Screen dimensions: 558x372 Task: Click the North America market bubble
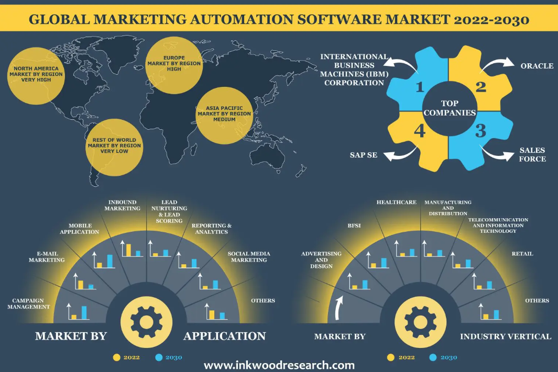point(36,76)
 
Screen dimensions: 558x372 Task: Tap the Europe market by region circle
point(174,65)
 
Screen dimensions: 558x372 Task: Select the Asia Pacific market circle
point(224,116)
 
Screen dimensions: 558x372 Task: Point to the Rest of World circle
point(114,147)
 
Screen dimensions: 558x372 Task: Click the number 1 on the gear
point(420,87)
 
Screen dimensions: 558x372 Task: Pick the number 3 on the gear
point(481,131)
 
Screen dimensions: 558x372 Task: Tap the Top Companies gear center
point(450,108)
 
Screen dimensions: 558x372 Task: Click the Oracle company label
point(537,66)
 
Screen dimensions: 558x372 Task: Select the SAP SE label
point(363,155)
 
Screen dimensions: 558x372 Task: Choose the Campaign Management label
point(28,304)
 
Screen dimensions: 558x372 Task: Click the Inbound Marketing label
point(123,206)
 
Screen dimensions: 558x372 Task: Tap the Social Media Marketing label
point(249,257)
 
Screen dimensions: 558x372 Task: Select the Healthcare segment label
point(397,202)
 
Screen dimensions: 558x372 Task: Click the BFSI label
point(354,226)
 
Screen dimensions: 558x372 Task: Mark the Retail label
point(522,254)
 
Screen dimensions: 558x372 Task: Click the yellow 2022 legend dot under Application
point(116,357)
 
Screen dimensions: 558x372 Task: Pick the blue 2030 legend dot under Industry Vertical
point(433,357)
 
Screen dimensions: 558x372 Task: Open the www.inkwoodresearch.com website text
point(279,365)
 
